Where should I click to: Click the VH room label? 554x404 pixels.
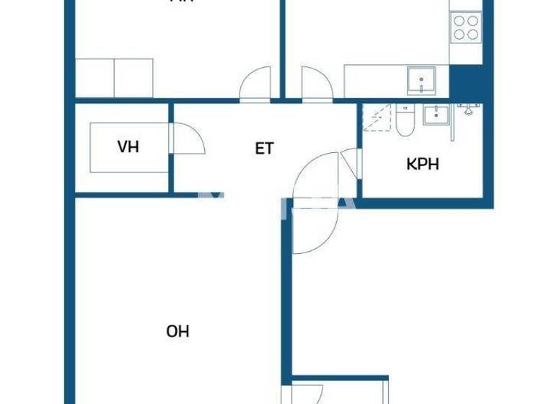click(x=128, y=148)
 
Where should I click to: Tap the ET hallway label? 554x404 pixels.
click(x=265, y=149)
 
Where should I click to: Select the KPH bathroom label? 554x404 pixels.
click(x=423, y=164)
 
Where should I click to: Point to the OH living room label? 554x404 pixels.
click(x=177, y=332)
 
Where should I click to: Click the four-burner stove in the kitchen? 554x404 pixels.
click(x=465, y=27)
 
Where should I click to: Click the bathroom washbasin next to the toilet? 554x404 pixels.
click(x=436, y=114)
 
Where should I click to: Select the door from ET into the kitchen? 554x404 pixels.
click(x=315, y=83)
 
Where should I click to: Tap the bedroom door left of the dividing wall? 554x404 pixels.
click(x=256, y=83)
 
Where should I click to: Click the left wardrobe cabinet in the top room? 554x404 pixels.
click(x=94, y=78)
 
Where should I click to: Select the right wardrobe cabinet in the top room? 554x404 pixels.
click(x=133, y=78)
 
